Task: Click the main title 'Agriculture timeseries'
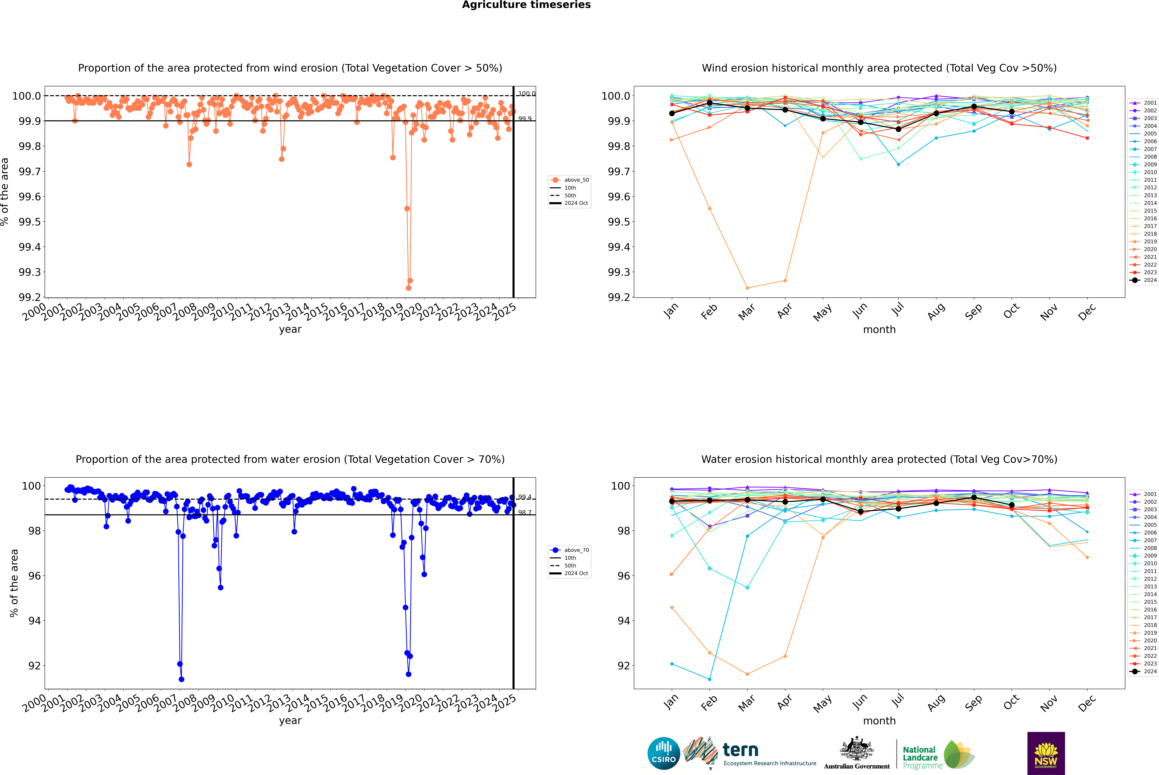point(526,5)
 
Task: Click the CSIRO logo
point(664,753)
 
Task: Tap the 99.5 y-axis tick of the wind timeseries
point(30,222)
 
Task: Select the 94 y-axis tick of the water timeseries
point(34,621)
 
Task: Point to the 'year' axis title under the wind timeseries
point(290,329)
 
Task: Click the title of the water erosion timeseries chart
point(290,459)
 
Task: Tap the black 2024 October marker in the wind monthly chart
point(1011,112)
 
